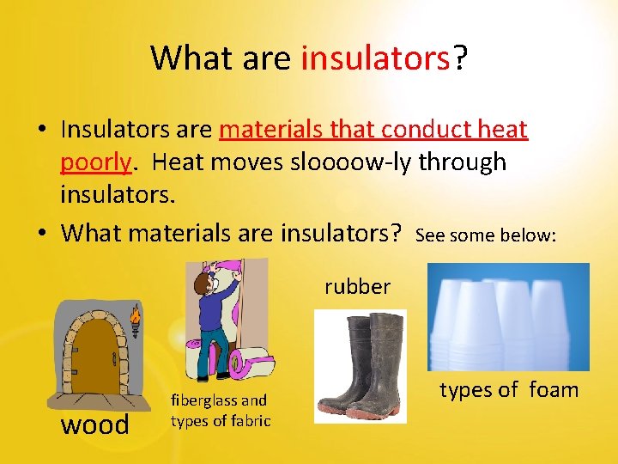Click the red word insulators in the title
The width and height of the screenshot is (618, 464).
pyautogui.click(x=376, y=58)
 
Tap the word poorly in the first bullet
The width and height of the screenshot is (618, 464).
pyautogui.click(x=95, y=162)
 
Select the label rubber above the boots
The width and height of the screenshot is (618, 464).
pyautogui.click(x=357, y=286)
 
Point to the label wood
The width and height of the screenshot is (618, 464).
pyautogui.click(x=94, y=424)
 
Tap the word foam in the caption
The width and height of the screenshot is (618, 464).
pyautogui.click(x=554, y=390)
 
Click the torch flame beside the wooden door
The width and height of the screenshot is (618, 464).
pyautogui.click(x=135, y=318)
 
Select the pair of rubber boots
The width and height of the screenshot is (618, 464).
pyautogui.click(x=360, y=366)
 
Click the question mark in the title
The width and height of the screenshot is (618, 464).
pyautogui.click(x=460, y=58)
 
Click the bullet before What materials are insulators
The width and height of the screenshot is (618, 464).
pyautogui.click(x=43, y=233)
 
